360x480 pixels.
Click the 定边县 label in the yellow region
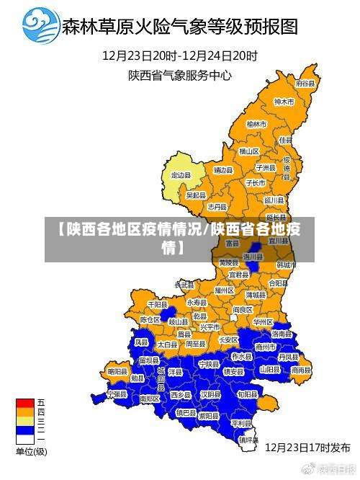click(x=181, y=175)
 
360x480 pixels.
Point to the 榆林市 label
click(x=257, y=124)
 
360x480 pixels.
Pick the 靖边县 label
click(x=222, y=170)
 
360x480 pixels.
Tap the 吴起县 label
click(x=196, y=195)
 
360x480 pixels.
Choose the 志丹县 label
click(x=217, y=206)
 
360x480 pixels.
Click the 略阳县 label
click(x=117, y=371)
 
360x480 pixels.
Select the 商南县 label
click(x=302, y=370)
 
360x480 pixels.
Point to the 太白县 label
click(x=167, y=345)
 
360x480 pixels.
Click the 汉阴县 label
click(x=210, y=395)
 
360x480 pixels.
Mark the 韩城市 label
click(x=287, y=265)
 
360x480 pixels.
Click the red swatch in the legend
click(x=25, y=402)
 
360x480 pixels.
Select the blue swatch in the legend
click(x=25, y=430)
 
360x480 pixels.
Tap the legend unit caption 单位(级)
click(x=31, y=452)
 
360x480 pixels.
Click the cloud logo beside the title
click(x=41, y=27)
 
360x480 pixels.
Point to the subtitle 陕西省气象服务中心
click(x=180, y=74)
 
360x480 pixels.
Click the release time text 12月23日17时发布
click(x=307, y=447)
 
